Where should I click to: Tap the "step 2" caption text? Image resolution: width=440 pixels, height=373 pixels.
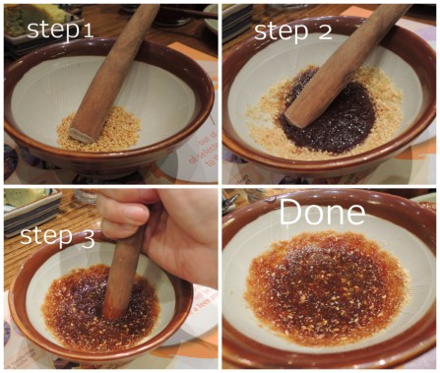293,32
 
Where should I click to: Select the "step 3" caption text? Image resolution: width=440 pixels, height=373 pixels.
57,236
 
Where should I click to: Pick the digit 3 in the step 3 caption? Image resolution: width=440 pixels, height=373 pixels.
87,239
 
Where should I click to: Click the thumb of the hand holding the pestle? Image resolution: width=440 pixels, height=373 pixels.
126,215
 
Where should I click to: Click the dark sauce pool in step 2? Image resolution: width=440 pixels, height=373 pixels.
328,115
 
